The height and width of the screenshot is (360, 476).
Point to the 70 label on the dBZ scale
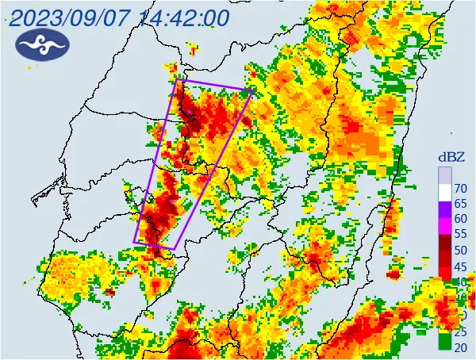pyautogui.click(x=460, y=189)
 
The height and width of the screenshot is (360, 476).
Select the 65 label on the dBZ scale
pyautogui.click(x=460, y=204)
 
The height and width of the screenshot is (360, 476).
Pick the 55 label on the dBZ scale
pyautogui.click(x=460, y=235)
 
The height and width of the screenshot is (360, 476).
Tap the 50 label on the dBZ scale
pyautogui.click(x=460, y=251)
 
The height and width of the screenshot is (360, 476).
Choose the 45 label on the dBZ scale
pyautogui.click(x=460, y=266)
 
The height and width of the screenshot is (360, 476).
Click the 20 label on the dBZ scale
pyautogui.click(x=460, y=347)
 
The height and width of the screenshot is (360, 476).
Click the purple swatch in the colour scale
pyautogui.click(x=444, y=211)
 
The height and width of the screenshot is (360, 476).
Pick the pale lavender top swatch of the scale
pyautogui.click(x=444, y=174)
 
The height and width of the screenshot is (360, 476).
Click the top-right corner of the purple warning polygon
pyautogui.click(x=252, y=91)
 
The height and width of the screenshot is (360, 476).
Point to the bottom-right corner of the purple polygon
pyautogui.click(x=173, y=249)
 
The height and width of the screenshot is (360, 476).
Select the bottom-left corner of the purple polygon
pyautogui.click(x=133, y=242)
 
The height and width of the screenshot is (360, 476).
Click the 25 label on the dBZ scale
pyautogui.click(x=460, y=331)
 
